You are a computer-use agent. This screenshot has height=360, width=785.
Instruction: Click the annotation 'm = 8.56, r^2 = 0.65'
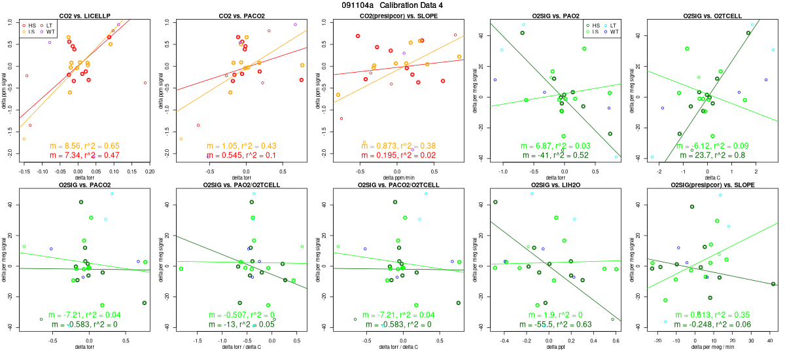(85, 146)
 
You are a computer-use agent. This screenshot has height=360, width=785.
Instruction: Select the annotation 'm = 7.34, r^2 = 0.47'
(85, 155)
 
